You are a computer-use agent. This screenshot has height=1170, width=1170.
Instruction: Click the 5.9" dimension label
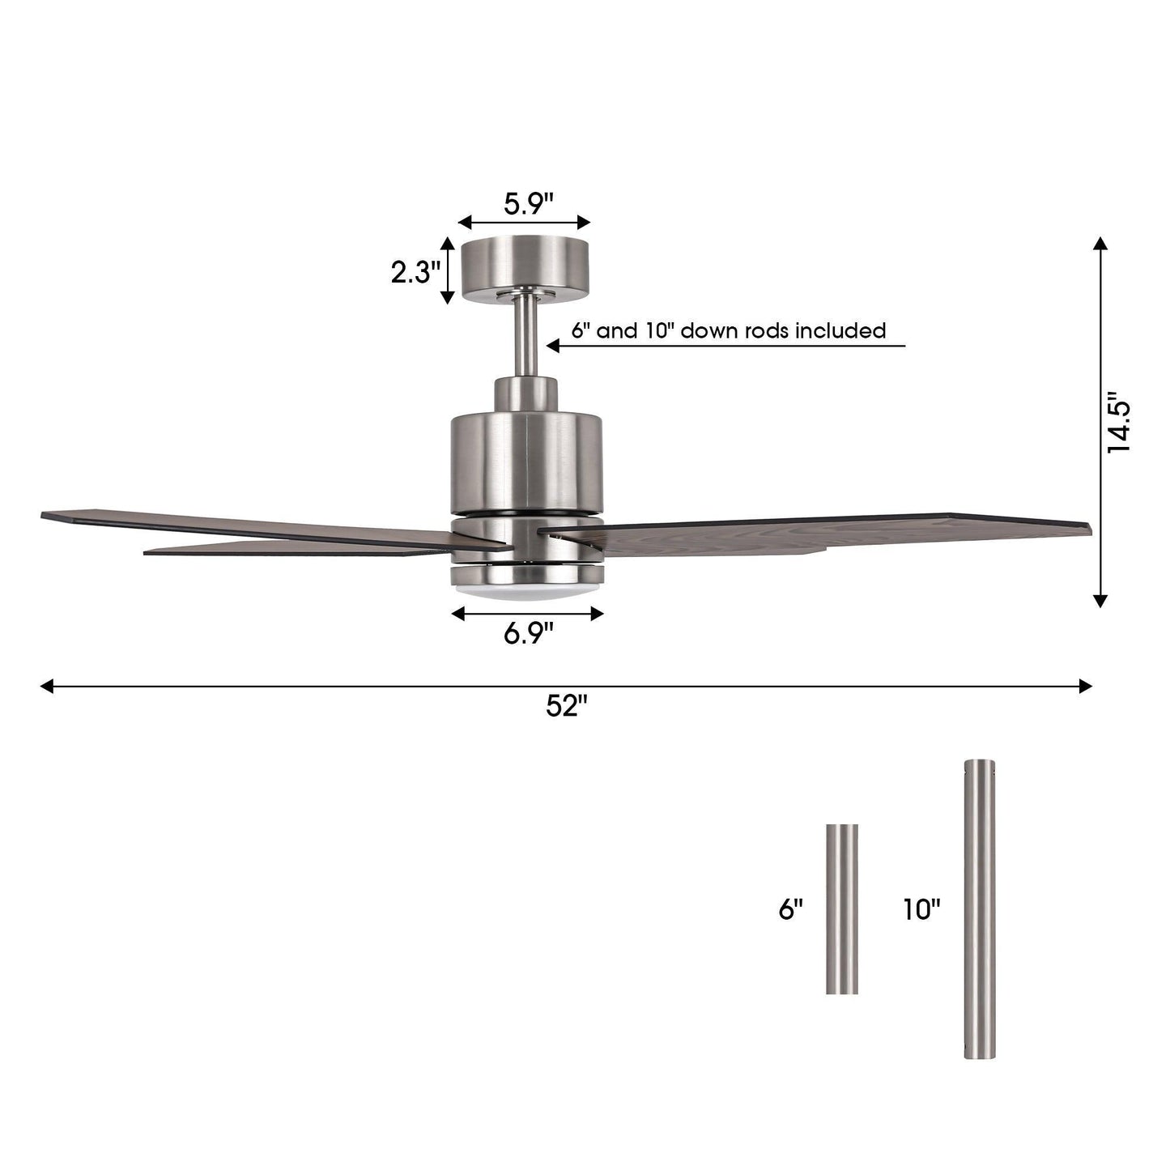[528, 203]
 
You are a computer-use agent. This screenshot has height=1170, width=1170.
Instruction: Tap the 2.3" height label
[415, 273]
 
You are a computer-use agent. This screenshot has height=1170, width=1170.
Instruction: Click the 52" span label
[565, 706]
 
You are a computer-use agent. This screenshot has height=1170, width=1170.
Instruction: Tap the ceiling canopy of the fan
[525, 270]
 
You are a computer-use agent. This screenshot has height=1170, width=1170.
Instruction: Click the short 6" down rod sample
[842, 908]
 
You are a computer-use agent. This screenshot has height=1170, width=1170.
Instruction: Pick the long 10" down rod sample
[980, 908]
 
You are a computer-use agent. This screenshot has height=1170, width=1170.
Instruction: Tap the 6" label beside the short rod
[790, 909]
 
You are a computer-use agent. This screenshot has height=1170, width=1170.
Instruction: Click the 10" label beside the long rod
[922, 909]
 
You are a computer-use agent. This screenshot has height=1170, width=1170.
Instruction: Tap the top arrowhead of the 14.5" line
[1100, 244]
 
